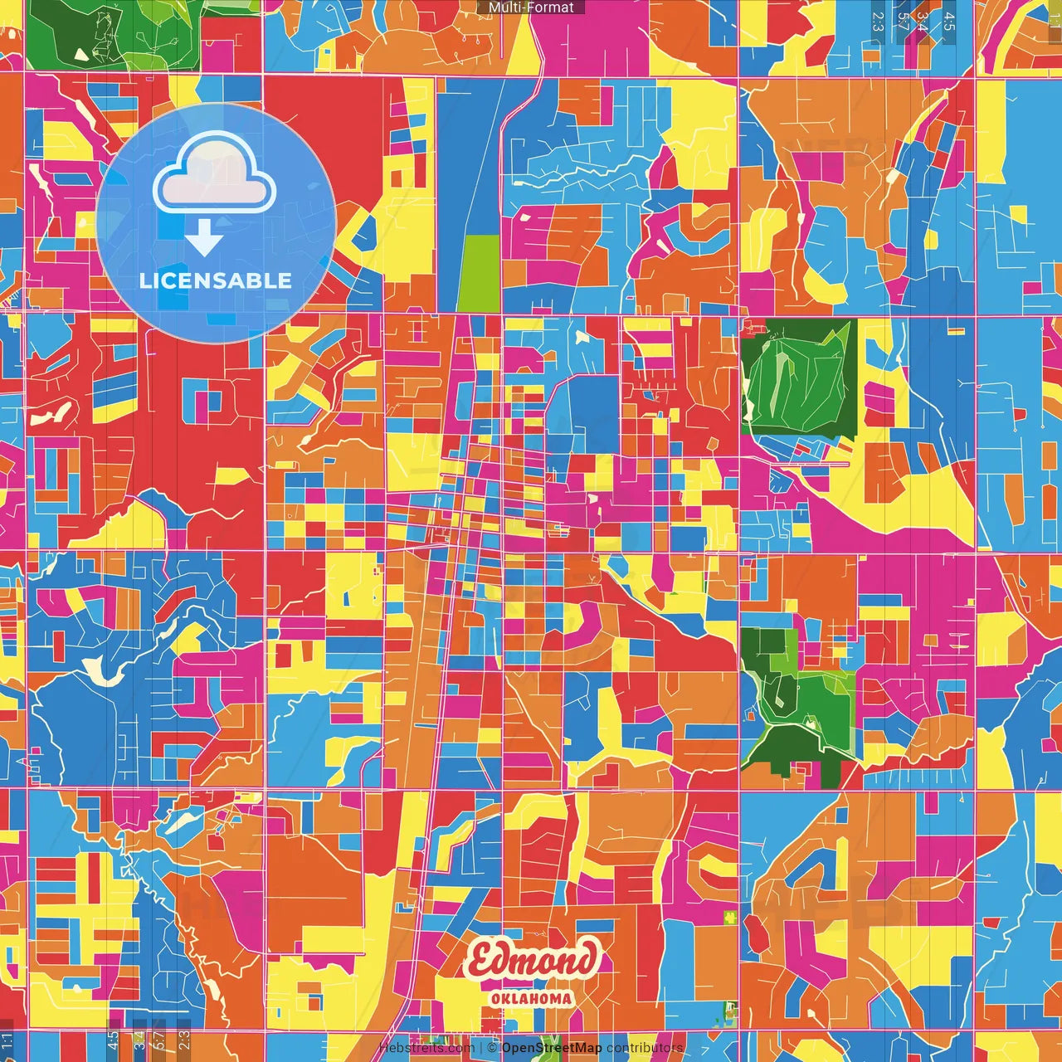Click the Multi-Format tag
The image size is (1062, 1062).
click(531, 7)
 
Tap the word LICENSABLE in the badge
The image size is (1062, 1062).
click(216, 280)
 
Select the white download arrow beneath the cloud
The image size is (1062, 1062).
click(203, 239)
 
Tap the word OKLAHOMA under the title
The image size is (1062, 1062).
click(531, 999)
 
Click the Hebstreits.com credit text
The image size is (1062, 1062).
click(426, 1048)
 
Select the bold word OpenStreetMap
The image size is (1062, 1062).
click(551, 1048)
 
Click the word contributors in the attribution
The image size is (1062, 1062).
click(645, 1048)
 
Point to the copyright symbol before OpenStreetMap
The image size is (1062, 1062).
click(491, 1048)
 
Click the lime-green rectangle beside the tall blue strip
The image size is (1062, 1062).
click(480, 273)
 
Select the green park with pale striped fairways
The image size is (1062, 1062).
click(796, 378)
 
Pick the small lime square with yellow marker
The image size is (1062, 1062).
click(730, 917)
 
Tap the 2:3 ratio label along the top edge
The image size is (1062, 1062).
click(877, 22)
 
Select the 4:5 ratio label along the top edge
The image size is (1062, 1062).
click(949, 22)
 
